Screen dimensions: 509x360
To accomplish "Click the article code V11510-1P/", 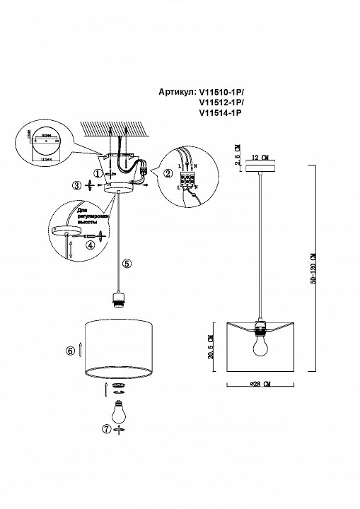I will [223, 91].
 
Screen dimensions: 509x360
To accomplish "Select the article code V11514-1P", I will [221, 112].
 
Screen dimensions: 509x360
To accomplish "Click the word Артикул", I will [179, 91].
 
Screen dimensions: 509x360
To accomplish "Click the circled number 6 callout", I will [71, 349].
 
